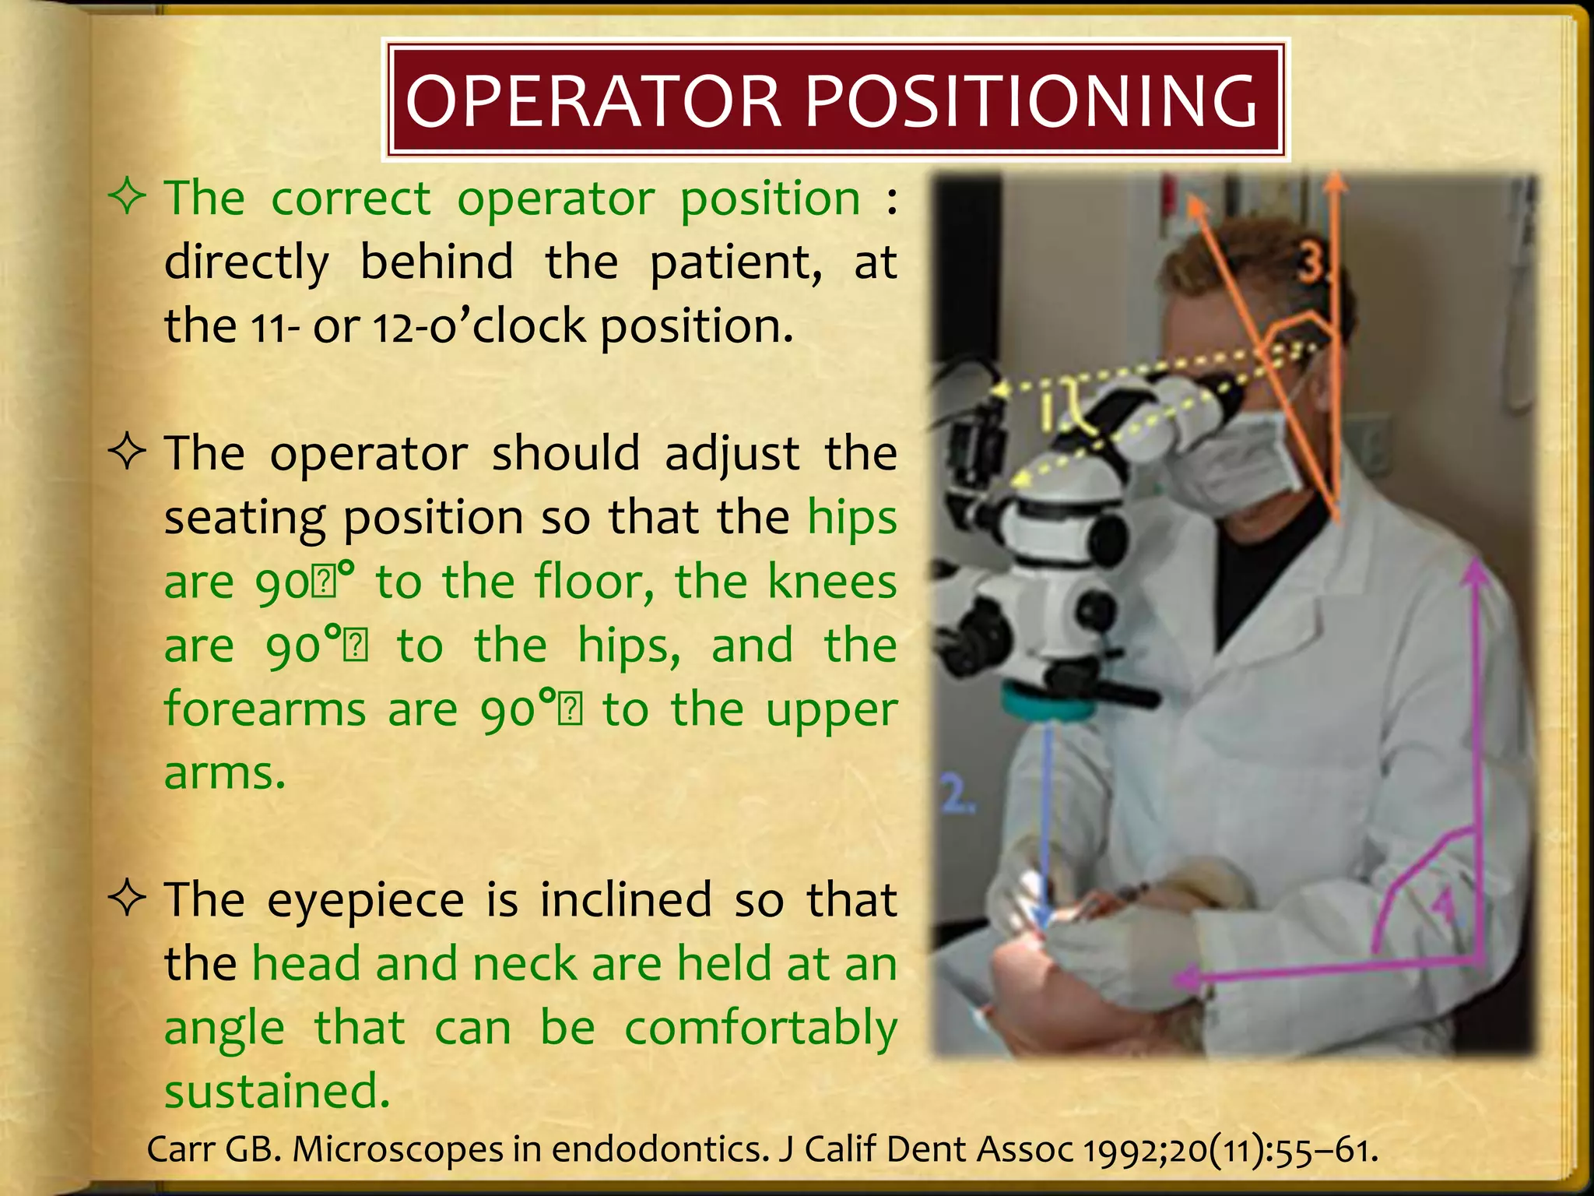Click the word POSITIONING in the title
(x=1030, y=101)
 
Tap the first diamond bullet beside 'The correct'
(x=128, y=196)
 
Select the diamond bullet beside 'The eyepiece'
(x=128, y=898)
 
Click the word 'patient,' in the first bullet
(x=736, y=262)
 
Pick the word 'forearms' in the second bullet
(x=265, y=709)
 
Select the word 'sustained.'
(x=276, y=1091)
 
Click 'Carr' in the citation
(x=174, y=1149)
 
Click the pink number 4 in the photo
(x=1445, y=907)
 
